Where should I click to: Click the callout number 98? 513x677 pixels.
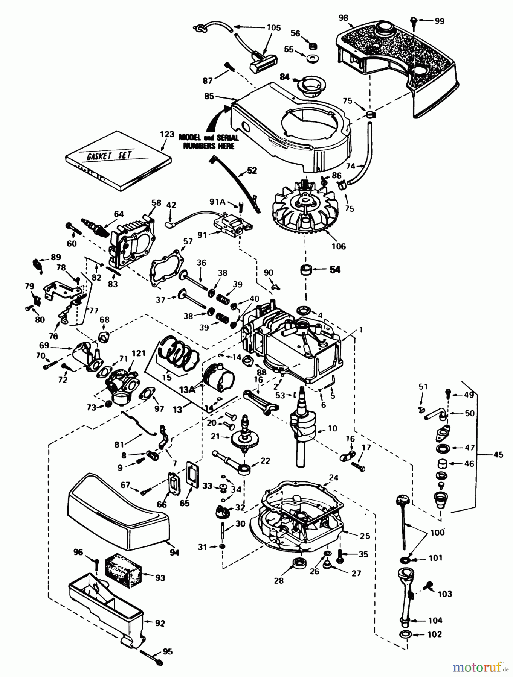343,17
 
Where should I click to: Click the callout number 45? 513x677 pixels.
498,455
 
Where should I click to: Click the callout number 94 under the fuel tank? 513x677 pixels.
174,552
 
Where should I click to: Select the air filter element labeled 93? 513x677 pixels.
122,572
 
